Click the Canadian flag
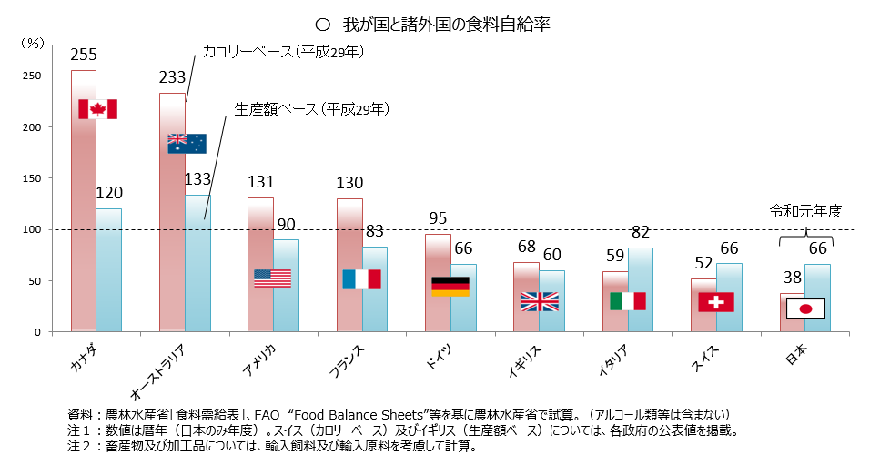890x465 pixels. [x=97, y=109]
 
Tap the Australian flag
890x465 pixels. [x=187, y=143]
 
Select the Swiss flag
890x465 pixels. [x=716, y=301]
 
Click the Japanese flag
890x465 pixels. [x=804, y=308]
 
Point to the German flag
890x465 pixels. [x=450, y=286]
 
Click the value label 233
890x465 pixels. [x=172, y=77]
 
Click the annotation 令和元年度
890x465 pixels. [x=806, y=211]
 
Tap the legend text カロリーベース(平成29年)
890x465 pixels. [x=283, y=53]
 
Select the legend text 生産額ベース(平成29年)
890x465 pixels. [x=312, y=109]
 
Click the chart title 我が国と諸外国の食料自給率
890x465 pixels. [x=447, y=24]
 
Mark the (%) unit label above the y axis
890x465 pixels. [x=33, y=42]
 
